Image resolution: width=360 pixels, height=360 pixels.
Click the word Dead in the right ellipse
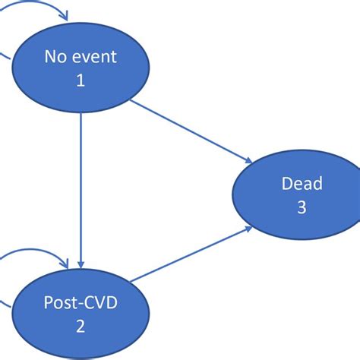point(302,183)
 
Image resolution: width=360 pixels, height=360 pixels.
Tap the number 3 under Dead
point(302,207)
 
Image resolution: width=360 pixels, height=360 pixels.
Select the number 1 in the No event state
point(81,80)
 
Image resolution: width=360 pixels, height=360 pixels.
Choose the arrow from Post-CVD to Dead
point(194,254)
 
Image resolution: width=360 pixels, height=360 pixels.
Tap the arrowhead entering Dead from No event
point(248,159)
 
